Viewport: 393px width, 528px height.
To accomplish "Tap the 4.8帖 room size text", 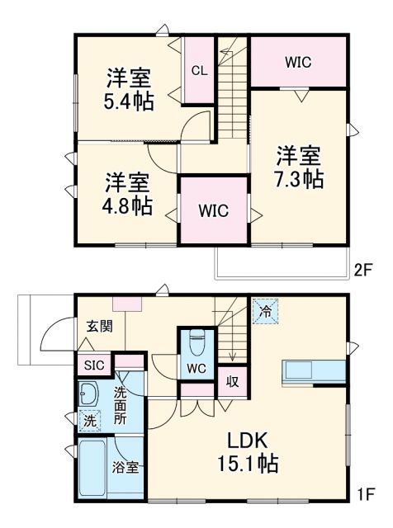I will [127, 205].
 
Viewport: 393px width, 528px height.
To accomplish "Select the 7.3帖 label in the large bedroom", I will [299, 177].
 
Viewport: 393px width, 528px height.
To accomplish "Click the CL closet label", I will [199, 70].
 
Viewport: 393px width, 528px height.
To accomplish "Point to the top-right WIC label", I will [298, 63].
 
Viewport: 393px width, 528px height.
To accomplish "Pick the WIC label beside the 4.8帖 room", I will [213, 210].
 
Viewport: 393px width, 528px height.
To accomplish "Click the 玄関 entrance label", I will [100, 327].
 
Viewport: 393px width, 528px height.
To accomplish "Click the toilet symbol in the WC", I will [196, 340].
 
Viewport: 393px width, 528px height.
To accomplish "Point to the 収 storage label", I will [233, 382].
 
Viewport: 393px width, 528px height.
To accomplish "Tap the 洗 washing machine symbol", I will [88, 420].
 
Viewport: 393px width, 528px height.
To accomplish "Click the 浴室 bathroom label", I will [125, 467].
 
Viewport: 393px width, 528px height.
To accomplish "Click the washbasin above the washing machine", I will [88, 394].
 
